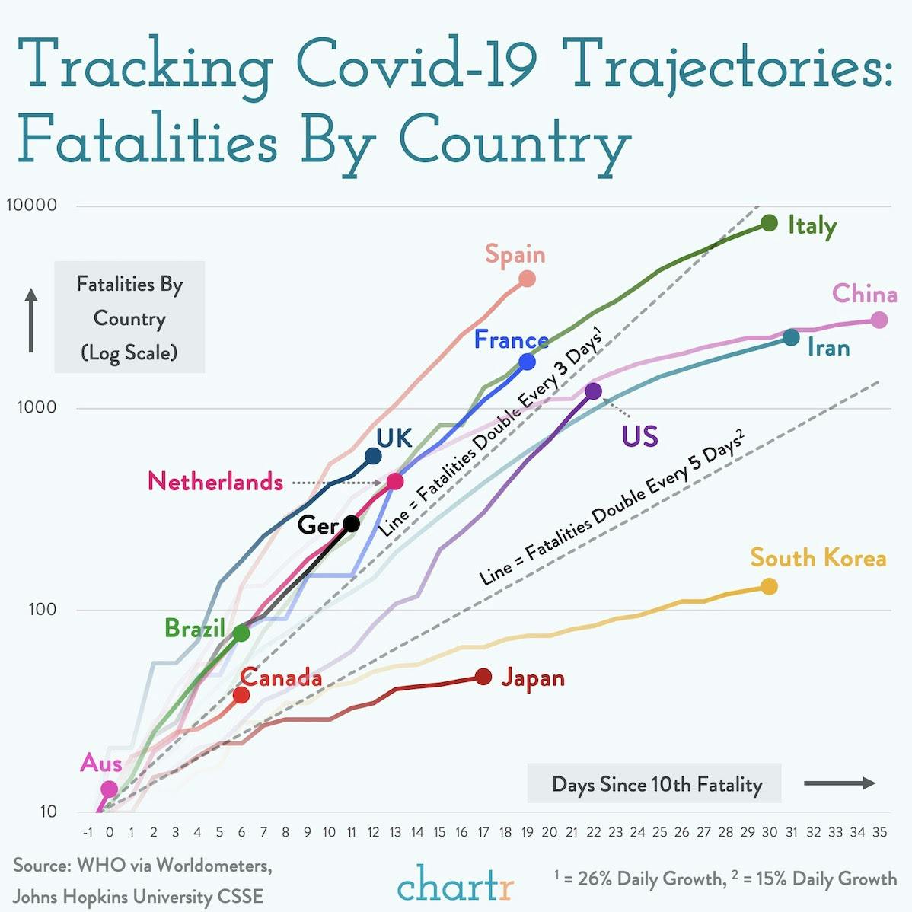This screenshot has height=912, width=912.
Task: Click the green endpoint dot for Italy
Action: coord(769,223)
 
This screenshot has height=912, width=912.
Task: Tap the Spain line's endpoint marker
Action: coord(527,279)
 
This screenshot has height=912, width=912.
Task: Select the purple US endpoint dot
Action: coord(594,391)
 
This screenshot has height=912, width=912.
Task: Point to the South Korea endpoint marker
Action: coord(769,586)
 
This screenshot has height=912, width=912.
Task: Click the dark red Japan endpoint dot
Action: coord(483,677)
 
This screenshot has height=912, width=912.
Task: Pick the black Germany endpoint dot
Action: coord(351,524)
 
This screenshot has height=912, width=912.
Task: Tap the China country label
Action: coord(864,294)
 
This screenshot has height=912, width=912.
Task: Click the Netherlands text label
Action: coord(215,482)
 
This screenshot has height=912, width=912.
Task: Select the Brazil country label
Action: coord(194,628)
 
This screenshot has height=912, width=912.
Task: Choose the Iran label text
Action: coord(828,348)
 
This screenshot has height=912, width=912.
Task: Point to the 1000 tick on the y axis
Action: coord(37,407)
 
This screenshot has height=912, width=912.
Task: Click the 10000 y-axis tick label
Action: coord(32,206)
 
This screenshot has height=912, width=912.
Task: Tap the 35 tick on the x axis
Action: coord(879,833)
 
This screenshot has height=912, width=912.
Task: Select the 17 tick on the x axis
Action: coord(483,833)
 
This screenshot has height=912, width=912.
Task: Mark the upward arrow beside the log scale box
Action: coord(31,320)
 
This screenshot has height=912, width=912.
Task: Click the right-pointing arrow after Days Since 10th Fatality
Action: coord(840,783)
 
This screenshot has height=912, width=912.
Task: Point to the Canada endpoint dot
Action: coord(241,694)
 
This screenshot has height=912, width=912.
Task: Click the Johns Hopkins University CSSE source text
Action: coord(138,896)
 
